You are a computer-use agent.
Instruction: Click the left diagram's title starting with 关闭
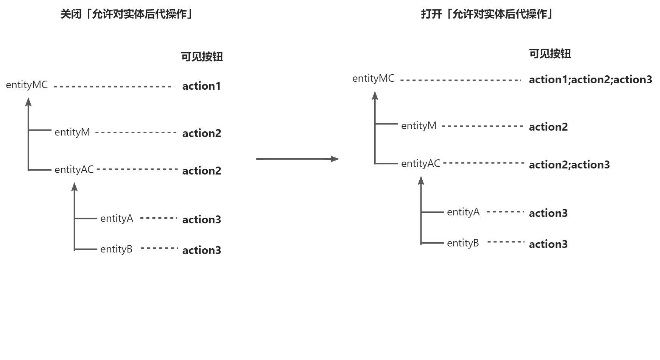tap(126, 14)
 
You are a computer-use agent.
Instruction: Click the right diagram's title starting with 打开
tap(487, 14)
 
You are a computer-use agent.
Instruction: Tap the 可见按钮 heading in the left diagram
tap(202, 57)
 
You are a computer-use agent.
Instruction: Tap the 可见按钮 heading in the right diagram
tap(549, 54)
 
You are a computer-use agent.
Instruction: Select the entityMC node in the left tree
tap(27, 85)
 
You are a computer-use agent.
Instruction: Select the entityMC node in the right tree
tap(373, 79)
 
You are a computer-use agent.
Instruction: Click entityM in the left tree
tap(72, 132)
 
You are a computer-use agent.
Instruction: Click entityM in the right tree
tap(419, 126)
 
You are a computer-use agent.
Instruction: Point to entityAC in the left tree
tap(74, 170)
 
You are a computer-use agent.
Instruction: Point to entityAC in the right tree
tap(420, 164)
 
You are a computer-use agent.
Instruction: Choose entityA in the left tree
tap(117, 218)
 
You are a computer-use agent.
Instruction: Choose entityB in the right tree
tap(463, 243)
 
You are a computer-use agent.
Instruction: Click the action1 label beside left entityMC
tap(201, 86)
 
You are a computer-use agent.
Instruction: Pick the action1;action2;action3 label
tap(590, 79)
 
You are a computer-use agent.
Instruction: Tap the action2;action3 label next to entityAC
tap(569, 165)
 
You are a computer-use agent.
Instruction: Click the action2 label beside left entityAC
tap(201, 171)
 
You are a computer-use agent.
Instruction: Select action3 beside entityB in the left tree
tap(201, 250)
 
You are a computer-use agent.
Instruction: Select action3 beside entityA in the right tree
tap(548, 213)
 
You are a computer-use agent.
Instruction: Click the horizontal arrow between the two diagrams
tap(297, 159)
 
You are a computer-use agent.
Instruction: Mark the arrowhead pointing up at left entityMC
tap(28, 101)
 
